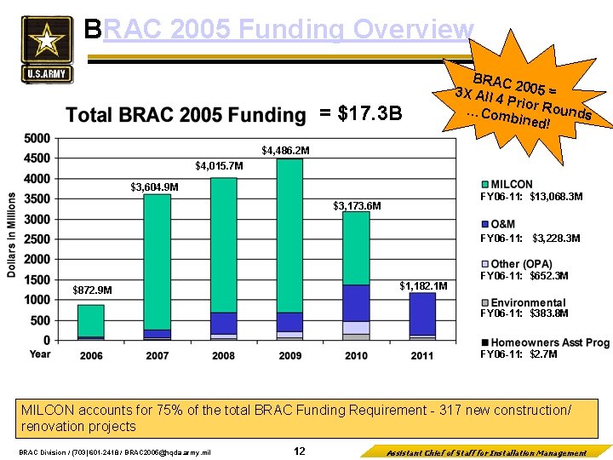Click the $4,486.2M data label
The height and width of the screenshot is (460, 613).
(286, 151)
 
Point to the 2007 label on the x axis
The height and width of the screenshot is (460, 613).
(158, 354)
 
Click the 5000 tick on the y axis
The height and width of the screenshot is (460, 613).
(37, 139)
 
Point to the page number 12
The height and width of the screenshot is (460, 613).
(299, 451)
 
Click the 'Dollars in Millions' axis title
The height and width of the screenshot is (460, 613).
(12, 235)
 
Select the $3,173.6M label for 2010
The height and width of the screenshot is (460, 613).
(357, 206)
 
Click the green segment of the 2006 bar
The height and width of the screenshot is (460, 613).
(91, 320)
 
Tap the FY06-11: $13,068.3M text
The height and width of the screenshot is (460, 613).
(531, 197)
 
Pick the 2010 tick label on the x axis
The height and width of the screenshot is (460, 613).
(356, 354)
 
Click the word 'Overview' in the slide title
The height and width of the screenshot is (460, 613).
(413, 30)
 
